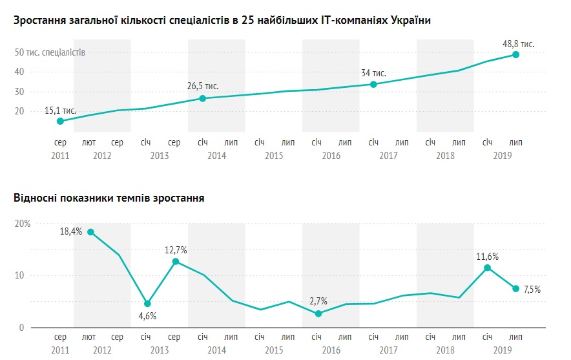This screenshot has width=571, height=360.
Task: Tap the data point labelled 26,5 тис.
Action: (x=202, y=98)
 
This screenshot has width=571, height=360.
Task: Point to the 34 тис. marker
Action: (x=373, y=84)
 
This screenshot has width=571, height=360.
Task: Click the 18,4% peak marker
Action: (x=90, y=232)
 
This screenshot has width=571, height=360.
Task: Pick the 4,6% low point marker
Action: (x=147, y=303)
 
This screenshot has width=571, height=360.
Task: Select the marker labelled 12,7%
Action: (x=176, y=261)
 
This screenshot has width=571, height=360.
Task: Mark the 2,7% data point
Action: (x=318, y=313)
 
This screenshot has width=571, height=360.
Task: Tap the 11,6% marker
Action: (x=488, y=268)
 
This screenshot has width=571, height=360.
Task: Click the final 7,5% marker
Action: (x=516, y=288)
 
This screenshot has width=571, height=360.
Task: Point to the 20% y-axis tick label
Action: (x=23, y=224)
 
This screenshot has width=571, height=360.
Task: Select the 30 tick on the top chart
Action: (x=19, y=92)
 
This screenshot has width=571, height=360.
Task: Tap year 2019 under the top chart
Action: (x=502, y=156)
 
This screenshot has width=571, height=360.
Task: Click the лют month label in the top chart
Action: (x=89, y=142)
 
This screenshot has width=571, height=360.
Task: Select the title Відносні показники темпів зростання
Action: (x=109, y=198)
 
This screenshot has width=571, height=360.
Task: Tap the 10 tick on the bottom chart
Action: (x=19, y=275)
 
